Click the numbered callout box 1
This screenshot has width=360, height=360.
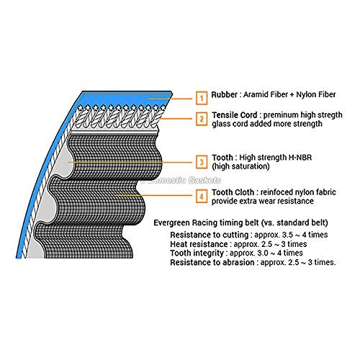tap(202, 98)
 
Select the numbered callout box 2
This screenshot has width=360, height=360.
tap(202, 119)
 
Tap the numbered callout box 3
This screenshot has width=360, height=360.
tap(202, 162)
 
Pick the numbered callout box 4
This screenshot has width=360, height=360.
tap(202, 197)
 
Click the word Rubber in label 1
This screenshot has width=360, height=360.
tap(224, 94)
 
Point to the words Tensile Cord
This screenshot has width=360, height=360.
tap(234, 115)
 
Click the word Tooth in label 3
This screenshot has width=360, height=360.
tap(222, 158)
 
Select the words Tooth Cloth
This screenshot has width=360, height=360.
tap(233, 192)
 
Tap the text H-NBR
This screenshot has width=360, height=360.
tap(300, 158)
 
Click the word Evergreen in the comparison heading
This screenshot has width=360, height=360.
tap(170, 222)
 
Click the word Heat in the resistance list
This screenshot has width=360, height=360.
tap(178, 244)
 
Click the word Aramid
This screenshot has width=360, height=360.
tap(254, 94)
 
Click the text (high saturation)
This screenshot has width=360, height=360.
tap(240, 166)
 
